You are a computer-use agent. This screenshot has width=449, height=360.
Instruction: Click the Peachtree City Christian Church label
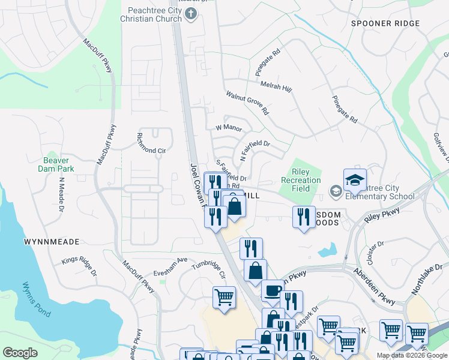(154, 14)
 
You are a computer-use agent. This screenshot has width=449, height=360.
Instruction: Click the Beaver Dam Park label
(56, 165)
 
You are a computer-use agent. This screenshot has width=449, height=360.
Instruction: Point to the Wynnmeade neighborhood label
(52, 242)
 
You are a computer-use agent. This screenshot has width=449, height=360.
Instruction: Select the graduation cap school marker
(355, 179)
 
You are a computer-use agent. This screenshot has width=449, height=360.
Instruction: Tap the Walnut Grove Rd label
(247, 103)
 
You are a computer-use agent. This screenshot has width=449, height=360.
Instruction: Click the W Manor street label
(228, 128)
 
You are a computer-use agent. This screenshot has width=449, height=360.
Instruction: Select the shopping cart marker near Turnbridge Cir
(224, 296)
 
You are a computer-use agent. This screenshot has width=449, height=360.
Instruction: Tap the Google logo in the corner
(20, 353)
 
